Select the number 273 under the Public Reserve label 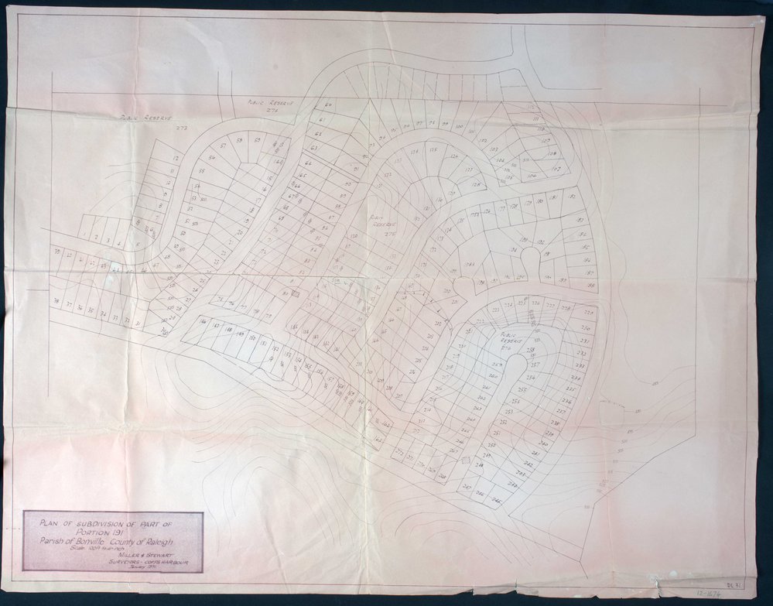[183, 126]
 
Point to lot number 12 [176, 158]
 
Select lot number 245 [496, 501]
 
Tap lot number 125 [433, 150]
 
